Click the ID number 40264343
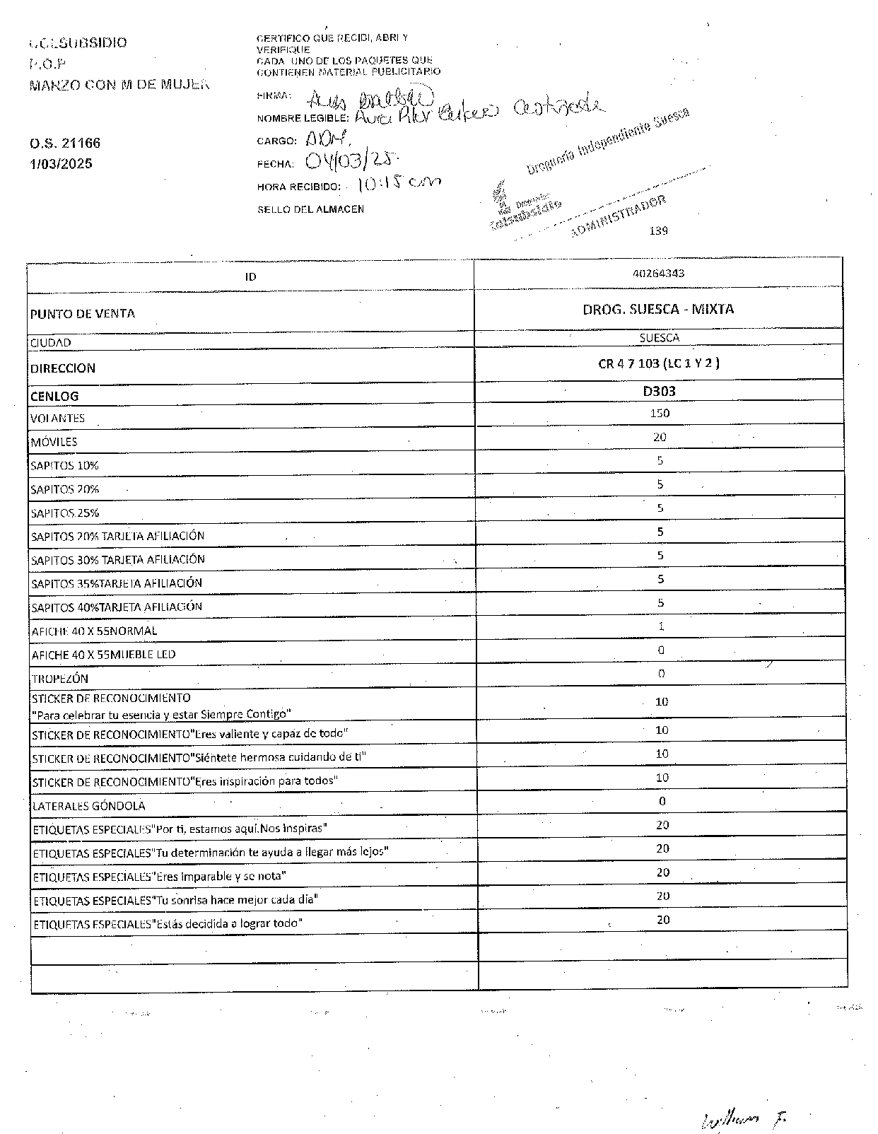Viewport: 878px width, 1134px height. click(659, 273)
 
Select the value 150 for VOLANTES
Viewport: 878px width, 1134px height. click(660, 413)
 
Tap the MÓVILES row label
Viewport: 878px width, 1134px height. click(54, 442)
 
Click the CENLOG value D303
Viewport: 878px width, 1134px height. click(660, 390)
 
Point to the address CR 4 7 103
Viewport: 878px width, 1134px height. click(659, 363)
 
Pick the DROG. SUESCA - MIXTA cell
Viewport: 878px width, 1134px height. click(658, 309)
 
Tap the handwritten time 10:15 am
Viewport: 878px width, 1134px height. click(398, 184)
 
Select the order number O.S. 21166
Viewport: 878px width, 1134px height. click(65, 143)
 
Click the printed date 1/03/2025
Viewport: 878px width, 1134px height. click(61, 164)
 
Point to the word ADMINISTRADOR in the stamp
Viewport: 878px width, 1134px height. click(616, 216)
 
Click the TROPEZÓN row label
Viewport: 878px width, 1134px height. click(60, 679)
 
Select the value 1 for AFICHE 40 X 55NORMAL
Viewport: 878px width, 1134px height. click(661, 626)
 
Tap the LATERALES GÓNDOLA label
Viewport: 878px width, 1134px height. click(88, 806)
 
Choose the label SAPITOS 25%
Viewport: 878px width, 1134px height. click(64, 513)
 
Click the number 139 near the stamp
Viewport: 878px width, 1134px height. click(658, 230)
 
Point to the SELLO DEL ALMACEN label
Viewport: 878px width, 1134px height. click(310, 209)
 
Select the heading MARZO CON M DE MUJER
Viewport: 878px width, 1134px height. click(119, 85)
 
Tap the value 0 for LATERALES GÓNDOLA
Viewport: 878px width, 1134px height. click(662, 801)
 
